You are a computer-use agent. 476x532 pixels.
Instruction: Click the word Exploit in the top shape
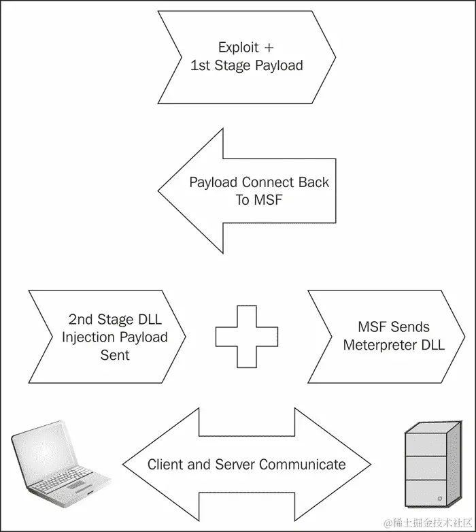point(238,48)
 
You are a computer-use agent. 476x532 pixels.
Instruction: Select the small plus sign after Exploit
point(269,48)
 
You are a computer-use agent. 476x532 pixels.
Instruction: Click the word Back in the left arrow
point(313,182)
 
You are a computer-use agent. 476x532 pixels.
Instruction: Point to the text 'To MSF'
point(258,200)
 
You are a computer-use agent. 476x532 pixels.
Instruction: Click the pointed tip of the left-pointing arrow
point(158,190)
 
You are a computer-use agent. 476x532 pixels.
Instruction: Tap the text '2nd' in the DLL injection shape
point(81,319)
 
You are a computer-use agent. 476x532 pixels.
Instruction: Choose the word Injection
point(88,337)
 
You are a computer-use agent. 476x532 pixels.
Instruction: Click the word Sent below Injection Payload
point(115,355)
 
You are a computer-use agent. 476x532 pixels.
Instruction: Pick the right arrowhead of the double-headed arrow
point(333,464)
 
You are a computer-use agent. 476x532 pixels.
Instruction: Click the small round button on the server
point(440,499)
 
